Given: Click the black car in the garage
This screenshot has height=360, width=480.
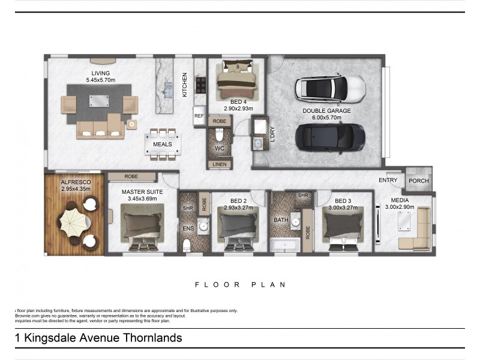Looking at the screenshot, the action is [330, 138].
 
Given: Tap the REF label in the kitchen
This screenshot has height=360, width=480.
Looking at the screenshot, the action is [199, 116].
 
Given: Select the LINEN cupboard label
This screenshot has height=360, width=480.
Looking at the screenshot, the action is [220, 164].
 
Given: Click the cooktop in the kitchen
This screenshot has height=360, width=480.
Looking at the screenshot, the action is [201, 85].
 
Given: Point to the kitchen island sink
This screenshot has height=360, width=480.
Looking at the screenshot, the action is [168, 90].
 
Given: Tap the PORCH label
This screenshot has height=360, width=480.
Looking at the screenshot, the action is [418, 181].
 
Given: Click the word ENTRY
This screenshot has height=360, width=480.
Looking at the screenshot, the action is [388, 180].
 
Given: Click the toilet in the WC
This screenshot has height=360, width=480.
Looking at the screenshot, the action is [219, 134].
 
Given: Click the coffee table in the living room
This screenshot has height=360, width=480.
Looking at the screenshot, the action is [99, 101].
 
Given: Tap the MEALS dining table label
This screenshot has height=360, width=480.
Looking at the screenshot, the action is [162, 144].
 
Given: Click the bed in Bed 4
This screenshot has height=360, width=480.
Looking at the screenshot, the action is [236, 80].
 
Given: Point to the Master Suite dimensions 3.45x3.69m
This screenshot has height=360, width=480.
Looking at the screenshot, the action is [142, 199].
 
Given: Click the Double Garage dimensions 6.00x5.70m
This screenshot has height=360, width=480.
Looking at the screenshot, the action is [326, 118].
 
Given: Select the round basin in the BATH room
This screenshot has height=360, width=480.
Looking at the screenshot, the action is [295, 221].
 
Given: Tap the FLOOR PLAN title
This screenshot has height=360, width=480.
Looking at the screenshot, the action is [241, 284].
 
